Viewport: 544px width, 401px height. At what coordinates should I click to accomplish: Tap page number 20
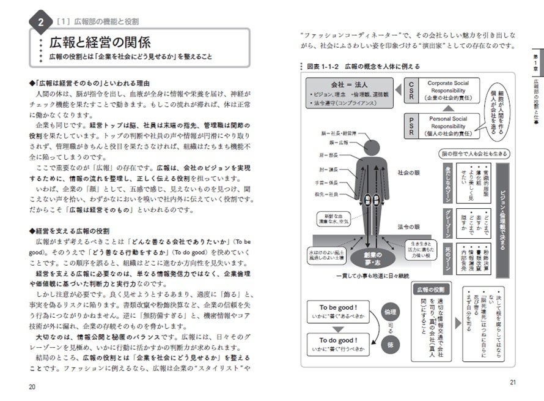point(32,386)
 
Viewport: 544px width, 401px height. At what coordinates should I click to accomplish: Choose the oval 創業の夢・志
point(369,258)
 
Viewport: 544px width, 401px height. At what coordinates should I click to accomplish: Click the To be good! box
point(337,312)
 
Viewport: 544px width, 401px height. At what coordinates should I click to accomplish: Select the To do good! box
point(337,344)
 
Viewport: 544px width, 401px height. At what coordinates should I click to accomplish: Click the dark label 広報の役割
point(430,289)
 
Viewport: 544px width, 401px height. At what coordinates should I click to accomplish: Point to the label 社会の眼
point(408,173)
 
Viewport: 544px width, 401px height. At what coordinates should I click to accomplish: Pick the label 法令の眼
point(408,227)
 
